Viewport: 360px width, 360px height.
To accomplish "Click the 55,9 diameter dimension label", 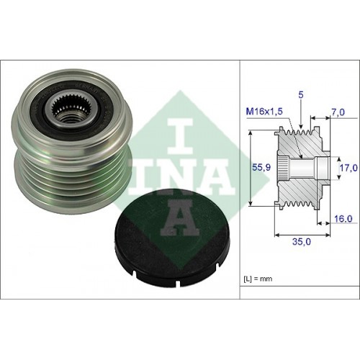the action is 261,167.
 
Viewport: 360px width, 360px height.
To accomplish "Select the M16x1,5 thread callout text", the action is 265,112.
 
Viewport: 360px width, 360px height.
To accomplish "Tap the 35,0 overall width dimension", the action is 302,242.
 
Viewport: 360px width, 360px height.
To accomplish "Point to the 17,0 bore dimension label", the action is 348,168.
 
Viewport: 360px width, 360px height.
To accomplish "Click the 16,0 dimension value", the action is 343,219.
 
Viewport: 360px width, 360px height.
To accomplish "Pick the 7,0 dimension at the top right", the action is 338,112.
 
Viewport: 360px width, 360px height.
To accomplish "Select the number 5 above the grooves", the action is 301,95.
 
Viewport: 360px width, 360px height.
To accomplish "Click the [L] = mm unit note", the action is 258,279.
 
